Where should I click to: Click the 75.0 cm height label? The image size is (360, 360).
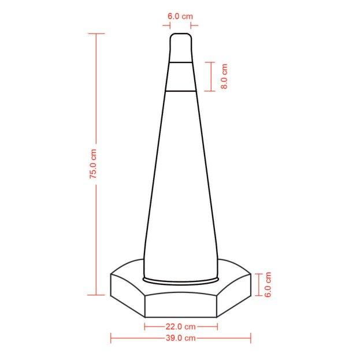pos(93,164)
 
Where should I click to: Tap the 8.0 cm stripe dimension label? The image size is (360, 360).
pos(224,76)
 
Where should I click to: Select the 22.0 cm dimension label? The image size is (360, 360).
pos(181,326)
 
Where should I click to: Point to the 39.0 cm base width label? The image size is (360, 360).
pos(181,337)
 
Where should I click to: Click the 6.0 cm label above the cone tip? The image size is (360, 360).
pos(180,16)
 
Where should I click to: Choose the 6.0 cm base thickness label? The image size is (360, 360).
pos(268,284)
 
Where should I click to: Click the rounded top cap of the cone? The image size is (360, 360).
pos(180,47)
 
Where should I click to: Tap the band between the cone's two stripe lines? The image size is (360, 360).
pos(180,77)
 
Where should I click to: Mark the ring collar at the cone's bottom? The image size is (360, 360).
pos(180,281)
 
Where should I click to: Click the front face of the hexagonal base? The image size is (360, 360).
pos(181,306)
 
